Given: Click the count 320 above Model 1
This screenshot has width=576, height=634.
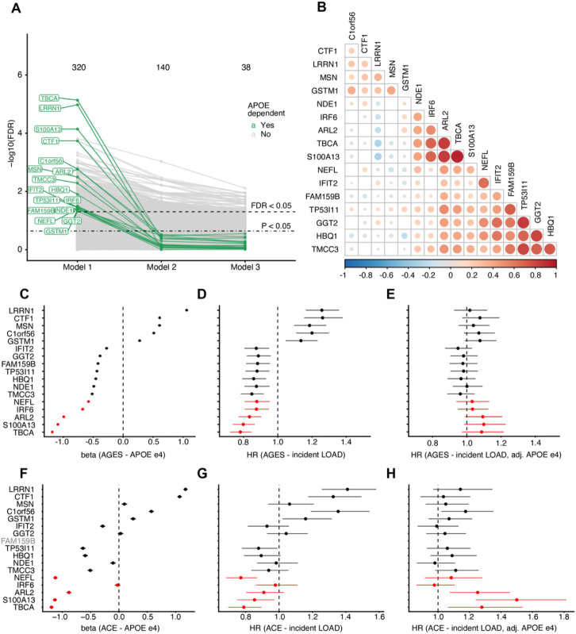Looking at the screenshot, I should [78, 67].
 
